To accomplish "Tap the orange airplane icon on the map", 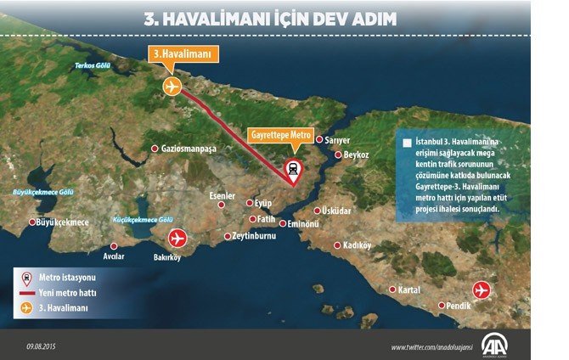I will click(x=172, y=87).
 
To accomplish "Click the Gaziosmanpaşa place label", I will click(x=189, y=149).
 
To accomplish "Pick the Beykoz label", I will click(x=356, y=155).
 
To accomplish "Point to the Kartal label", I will click(x=409, y=290).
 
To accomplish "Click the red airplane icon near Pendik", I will click(x=482, y=290).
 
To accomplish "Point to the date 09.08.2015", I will click(x=42, y=346).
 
